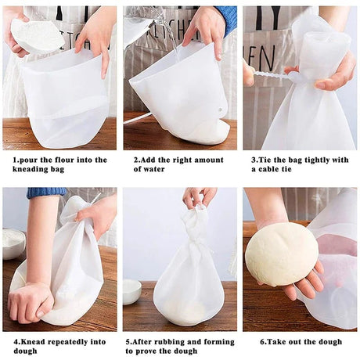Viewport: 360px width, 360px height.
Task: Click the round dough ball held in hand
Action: [x=281, y=254]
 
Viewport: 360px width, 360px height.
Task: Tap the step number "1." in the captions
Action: [x=16, y=160]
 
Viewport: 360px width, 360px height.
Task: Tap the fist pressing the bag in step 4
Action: [x=31, y=301]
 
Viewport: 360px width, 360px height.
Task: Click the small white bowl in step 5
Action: [x=131, y=291]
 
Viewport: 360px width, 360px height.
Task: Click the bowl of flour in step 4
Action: [x=13, y=243]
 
